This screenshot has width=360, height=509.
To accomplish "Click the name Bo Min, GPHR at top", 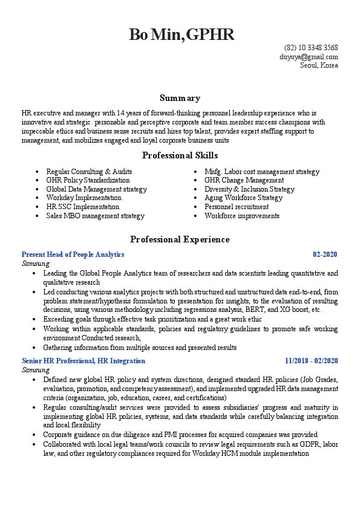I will coord(181,34).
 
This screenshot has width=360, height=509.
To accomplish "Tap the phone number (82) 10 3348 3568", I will coord(311,48).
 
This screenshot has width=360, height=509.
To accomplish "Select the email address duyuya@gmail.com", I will coord(309,57).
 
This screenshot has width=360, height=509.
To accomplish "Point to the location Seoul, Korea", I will coord(319,65).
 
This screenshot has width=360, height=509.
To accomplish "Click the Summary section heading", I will coord(180,98).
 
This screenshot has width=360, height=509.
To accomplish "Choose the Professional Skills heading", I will coord(180,155).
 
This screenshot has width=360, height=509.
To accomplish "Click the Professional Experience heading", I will coord(180,239).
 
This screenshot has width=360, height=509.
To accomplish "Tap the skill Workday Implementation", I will coord(83,198).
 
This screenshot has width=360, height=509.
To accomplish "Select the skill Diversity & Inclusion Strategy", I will coord(249,189).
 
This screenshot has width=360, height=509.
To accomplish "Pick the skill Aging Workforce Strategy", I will coord(243,198).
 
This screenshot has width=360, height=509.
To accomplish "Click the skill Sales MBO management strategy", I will coord(95,216).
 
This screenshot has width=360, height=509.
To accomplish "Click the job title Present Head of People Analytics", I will coord(73,254).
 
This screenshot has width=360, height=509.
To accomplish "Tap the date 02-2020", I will coord(325,254).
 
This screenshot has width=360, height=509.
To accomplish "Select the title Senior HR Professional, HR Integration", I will coord(83,361).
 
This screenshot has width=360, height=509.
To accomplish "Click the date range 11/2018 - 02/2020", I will coord(312,361).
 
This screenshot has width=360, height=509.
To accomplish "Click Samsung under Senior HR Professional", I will coord(36,369).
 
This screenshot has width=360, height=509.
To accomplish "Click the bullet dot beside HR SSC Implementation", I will coord(38,207).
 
